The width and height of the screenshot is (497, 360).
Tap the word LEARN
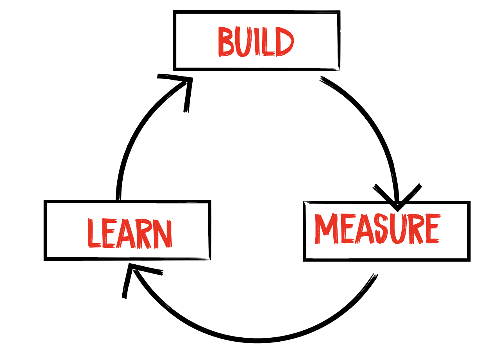tap(129, 233)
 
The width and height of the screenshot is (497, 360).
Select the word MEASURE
tap(377, 229)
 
